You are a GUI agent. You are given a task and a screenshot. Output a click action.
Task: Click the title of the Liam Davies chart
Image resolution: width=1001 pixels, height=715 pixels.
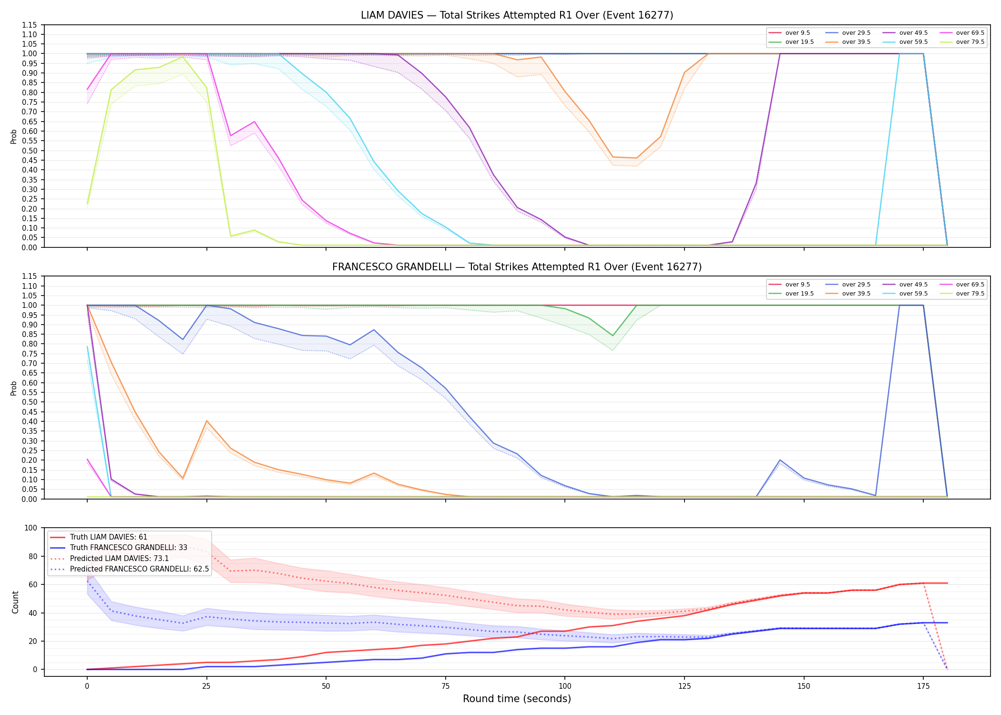pyautogui.click(x=517, y=15)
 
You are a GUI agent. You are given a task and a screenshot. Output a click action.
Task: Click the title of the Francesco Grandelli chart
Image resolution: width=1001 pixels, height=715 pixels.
pyautogui.click(x=517, y=267)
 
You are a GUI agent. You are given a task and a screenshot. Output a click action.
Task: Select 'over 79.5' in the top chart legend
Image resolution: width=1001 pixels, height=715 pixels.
pyautogui.click(x=970, y=42)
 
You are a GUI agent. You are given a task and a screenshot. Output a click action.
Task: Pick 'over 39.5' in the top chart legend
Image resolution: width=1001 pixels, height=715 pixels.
pyautogui.click(x=856, y=42)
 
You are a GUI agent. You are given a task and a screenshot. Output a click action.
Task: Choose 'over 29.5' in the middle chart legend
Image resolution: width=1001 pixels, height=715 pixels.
pyautogui.click(x=856, y=285)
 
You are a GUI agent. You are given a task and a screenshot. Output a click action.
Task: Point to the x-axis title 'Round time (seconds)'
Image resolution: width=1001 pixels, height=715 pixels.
pyautogui.click(x=517, y=699)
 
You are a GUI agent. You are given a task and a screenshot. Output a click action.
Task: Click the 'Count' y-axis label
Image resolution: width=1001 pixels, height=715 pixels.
pyautogui.click(x=15, y=602)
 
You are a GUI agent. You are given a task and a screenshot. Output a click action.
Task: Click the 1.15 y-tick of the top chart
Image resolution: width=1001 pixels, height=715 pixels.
pyautogui.click(x=30, y=25)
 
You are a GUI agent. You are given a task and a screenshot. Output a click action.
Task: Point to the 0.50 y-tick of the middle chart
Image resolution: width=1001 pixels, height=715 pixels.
pyautogui.click(x=30, y=402)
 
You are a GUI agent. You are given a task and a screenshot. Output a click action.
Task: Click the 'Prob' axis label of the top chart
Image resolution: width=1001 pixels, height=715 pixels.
pyautogui.click(x=14, y=136)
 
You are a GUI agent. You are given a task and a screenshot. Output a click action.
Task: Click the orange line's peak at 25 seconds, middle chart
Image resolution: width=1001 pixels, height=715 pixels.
pyautogui.click(x=206, y=421)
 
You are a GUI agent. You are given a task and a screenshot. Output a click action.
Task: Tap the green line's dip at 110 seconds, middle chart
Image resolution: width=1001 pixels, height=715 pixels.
pyautogui.click(x=613, y=336)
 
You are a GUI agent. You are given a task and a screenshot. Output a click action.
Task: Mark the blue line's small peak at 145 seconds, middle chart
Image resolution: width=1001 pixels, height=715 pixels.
pyautogui.click(x=780, y=460)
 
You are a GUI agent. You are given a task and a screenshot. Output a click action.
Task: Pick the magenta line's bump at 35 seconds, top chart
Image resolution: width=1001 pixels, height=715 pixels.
pyautogui.click(x=255, y=122)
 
